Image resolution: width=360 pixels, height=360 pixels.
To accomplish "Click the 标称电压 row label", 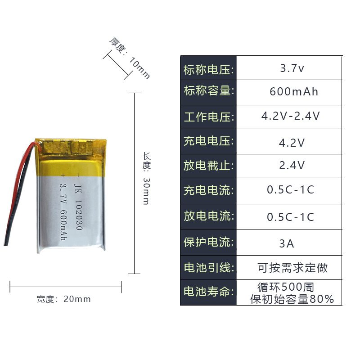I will tap(208, 70).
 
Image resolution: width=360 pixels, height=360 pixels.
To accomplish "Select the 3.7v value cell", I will tap(292, 69).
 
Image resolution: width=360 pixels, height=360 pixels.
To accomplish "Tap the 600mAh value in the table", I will tap(293, 92).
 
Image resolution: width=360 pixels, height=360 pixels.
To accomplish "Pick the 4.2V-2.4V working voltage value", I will tap(290, 116).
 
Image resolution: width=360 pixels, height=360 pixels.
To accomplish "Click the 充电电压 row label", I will tap(208, 141).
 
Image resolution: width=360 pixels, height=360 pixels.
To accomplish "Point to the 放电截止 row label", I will tap(208, 165).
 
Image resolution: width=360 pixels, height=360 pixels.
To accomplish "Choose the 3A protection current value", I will tap(287, 243).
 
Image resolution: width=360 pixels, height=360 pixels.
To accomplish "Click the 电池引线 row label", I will tap(208, 268).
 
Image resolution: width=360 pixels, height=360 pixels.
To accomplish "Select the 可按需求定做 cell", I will tap(292, 268).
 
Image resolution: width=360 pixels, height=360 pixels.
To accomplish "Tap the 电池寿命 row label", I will tap(208, 292).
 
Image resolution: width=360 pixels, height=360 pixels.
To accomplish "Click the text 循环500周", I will tap(285, 287).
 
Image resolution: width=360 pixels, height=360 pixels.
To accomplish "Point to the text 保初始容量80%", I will tap(292, 299).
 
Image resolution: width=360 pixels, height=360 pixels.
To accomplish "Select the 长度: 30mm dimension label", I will tap(146, 178).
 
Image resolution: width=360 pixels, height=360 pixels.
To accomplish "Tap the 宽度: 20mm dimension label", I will tap(63, 299).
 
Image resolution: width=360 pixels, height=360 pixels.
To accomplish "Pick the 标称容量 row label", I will tap(208, 91).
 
